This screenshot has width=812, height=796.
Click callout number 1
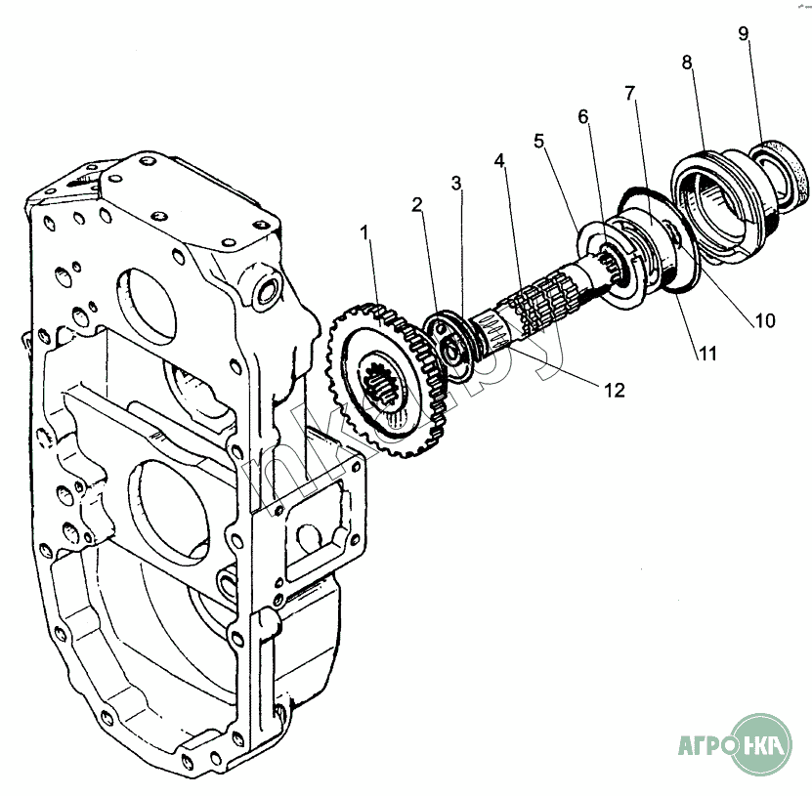(x=365, y=232)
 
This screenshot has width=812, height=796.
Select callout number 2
(x=417, y=205)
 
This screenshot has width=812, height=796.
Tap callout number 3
(x=455, y=183)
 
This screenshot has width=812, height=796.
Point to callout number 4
(x=499, y=160)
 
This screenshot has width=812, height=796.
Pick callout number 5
(x=539, y=141)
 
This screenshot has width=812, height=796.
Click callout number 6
(x=583, y=116)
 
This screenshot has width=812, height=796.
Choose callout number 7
(x=629, y=93)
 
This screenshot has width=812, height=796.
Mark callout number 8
(x=687, y=63)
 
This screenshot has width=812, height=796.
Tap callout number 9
(x=744, y=33)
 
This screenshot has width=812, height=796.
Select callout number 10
(x=765, y=321)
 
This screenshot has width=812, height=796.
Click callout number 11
(x=707, y=354)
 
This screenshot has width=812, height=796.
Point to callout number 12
(x=615, y=391)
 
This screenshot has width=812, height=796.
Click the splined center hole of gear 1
(x=383, y=387)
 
